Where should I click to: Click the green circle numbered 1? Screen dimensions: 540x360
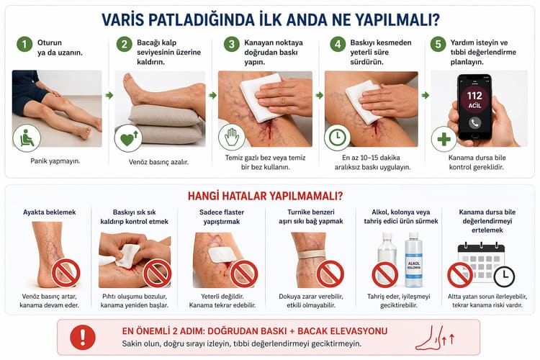(x=24, y=44)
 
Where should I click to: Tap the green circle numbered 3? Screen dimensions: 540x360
(x=231, y=44)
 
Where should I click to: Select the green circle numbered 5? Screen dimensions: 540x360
(x=438, y=44)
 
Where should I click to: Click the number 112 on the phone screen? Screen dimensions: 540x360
(x=474, y=96)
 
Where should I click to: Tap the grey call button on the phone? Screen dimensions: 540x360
(x=474, y=122)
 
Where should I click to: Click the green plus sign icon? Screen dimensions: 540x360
(x=444, y=139)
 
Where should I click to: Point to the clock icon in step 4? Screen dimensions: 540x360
(x=338, y=137)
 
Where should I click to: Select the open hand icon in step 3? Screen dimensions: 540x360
(x=232, y=136)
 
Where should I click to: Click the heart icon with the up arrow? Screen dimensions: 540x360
(x=128, y=138)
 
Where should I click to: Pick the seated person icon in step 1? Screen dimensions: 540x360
(x=27, y=138)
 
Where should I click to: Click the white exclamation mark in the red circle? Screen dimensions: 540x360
(x=83, y=337)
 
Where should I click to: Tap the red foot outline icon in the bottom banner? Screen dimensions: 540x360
(x=435, y=338)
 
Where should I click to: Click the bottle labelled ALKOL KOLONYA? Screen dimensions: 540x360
(x=413, y=260)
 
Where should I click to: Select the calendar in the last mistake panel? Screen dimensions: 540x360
(x=481, y=262)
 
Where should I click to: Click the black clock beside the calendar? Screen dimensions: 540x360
(x=504, y=276)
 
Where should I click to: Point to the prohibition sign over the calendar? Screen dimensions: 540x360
(x=460, y=275)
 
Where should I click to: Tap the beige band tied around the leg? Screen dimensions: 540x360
(x=311, y=255)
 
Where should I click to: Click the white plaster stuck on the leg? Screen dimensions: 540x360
(x=222, y=254)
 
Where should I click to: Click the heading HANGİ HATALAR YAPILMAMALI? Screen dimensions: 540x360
(x=265, y=196)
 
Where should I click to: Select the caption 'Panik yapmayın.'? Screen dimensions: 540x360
(x=55, y=161)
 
